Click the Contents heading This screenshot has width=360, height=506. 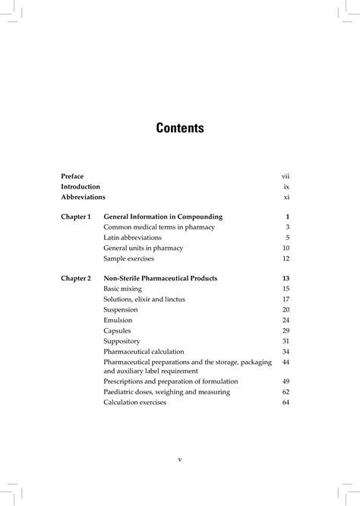(180, 128)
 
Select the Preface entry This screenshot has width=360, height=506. (73, 176)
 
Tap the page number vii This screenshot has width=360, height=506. (286, 176)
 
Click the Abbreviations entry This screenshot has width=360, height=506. (84, 196)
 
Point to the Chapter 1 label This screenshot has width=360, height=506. (76, 217)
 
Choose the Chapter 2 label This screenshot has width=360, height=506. (76, 278)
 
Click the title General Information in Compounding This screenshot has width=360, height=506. (163, 217)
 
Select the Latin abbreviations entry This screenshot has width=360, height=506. (132, 237)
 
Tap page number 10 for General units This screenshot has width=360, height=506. (286, 248)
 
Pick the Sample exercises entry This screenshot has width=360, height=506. (128, 258)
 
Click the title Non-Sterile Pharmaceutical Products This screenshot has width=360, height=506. (160, 278)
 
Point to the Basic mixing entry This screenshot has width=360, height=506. (122, 289)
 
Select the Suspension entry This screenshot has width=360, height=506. (121, 309)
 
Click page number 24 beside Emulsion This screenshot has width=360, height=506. (286, 320)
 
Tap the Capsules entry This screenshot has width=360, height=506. (117, 330)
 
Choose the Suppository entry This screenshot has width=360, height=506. (122, 341)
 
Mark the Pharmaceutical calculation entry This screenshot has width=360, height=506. (146, 351)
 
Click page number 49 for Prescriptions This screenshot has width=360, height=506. (286, 381)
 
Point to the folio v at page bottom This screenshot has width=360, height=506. (180, 459)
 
